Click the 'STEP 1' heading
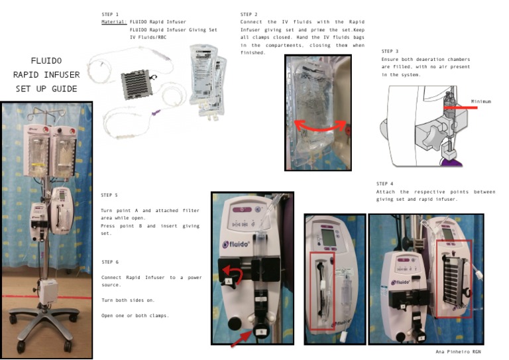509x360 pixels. [110, 14]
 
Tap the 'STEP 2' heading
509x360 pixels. [249, 14]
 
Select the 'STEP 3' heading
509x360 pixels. [390, 51]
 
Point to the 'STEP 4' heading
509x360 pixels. [384, 184]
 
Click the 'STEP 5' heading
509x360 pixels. [109, 196]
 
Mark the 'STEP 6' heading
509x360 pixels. [111, 262]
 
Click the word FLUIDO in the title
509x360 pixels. [46, 60]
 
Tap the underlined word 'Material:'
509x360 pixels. [113, 22]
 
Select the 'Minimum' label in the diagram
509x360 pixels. [481, 101]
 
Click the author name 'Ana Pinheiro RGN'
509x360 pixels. [459, 351]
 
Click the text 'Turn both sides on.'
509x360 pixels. [127, 300]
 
